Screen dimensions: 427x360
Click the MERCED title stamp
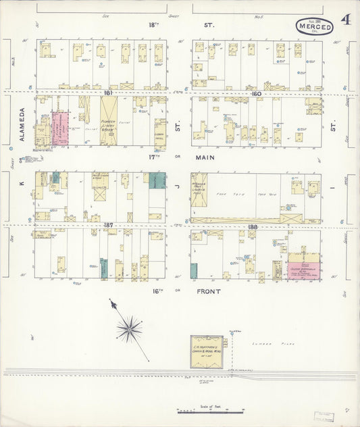coord(314,27)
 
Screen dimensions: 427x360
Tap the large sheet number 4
coord(345,20)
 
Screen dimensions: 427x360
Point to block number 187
coord(107,226)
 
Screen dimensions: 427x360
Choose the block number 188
coord(253,226)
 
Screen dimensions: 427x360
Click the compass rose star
coord(128,328)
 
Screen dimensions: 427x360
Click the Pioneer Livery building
coord(108,122)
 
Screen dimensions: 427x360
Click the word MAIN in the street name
coord(203,158)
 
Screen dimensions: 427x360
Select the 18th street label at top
coord(153,24)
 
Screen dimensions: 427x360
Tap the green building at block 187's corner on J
coord(157,180)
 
